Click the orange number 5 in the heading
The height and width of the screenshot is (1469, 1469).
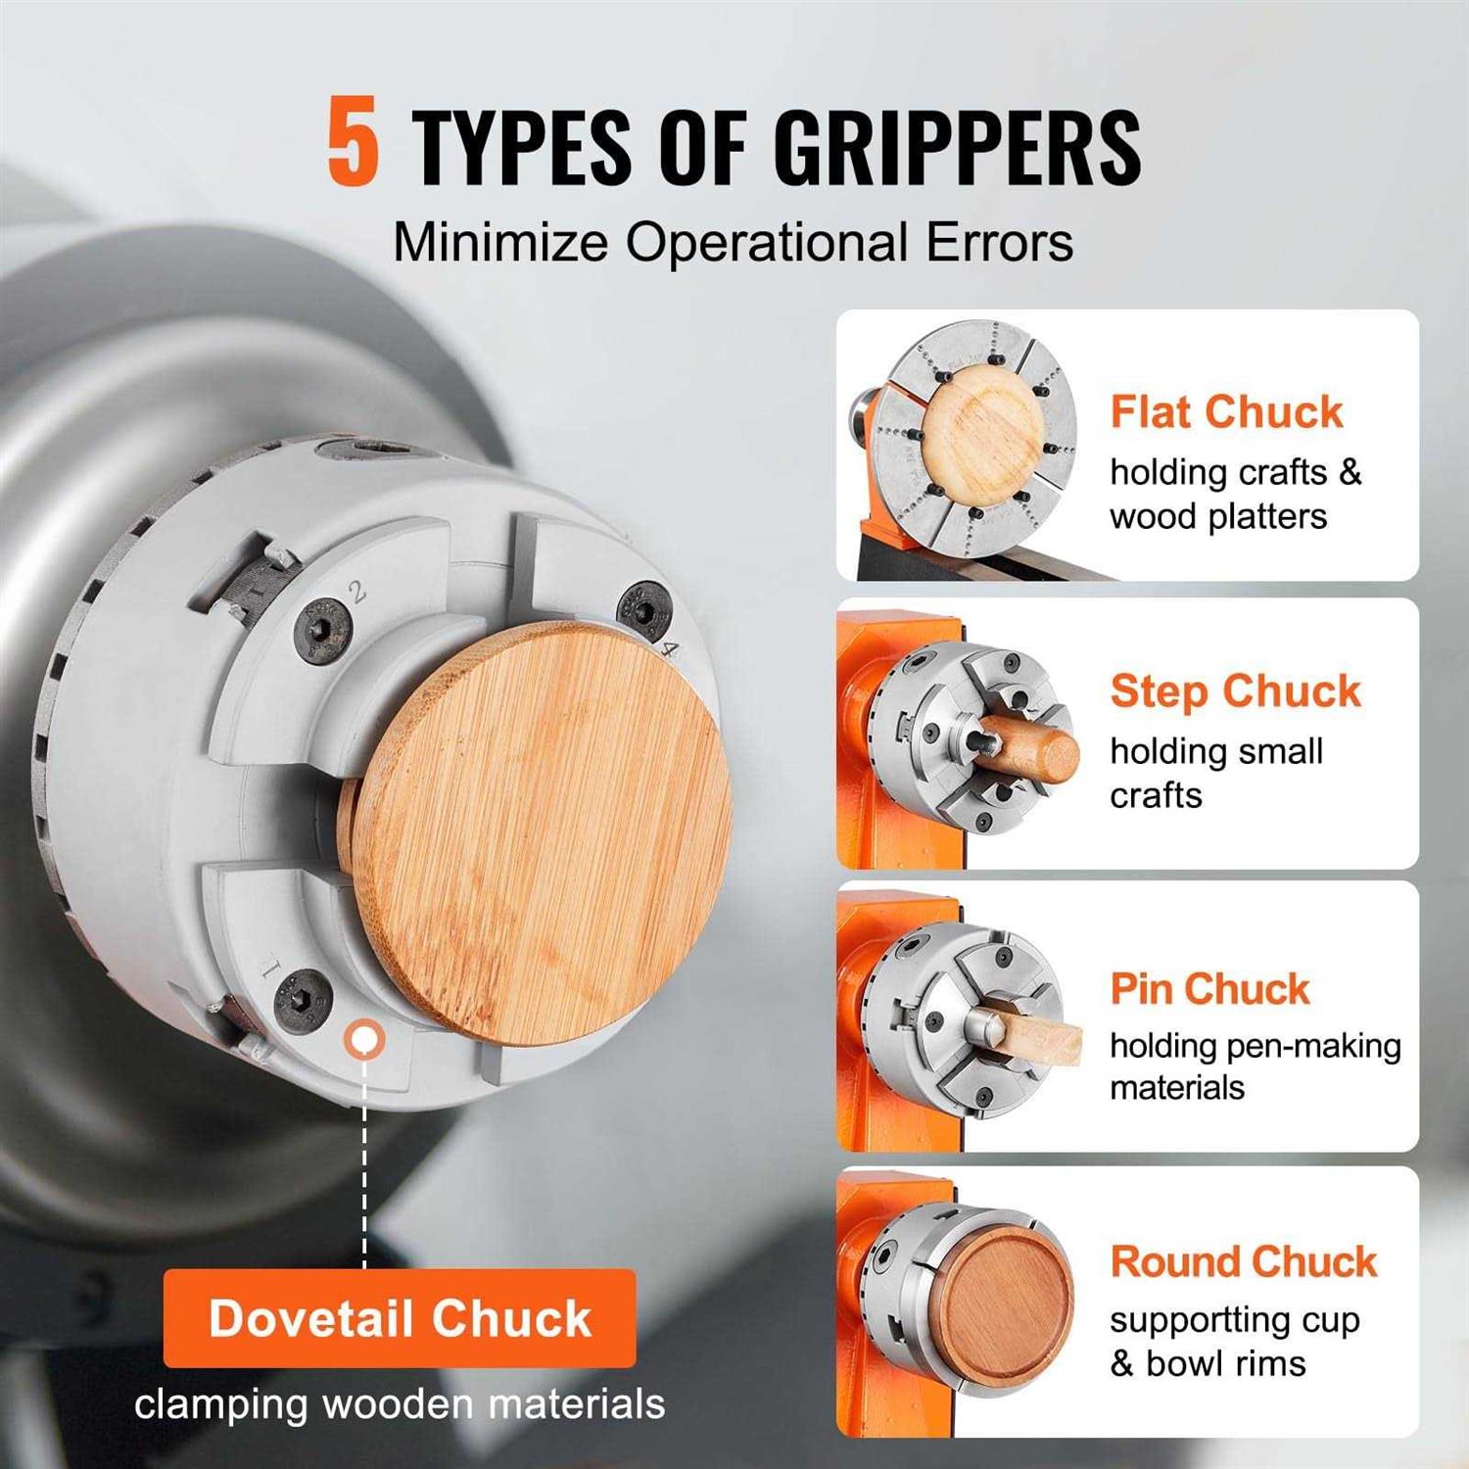(x=353, y=142)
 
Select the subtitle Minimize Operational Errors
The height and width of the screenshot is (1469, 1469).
(x=733, y=242)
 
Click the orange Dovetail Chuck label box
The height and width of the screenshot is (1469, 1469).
(x=400, y=1317)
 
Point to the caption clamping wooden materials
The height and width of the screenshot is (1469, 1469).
(x=400, y=1403)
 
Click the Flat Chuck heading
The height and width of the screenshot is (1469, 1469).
(x=1226, y=411)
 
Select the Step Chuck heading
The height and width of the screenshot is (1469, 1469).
(x=1235, y=691)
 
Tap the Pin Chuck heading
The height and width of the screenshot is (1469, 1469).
(x=1209, y=989)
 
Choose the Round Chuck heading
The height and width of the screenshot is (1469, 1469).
(x=1244, y=1261)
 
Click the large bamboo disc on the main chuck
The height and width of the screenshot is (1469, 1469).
(x=544, y=832)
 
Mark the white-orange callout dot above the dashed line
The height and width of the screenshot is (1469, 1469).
(x=364, y=1038)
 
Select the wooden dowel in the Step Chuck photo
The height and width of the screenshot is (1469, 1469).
(x=1033, y=749)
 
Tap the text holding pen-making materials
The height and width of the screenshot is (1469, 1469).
(x=1255, y=1066)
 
